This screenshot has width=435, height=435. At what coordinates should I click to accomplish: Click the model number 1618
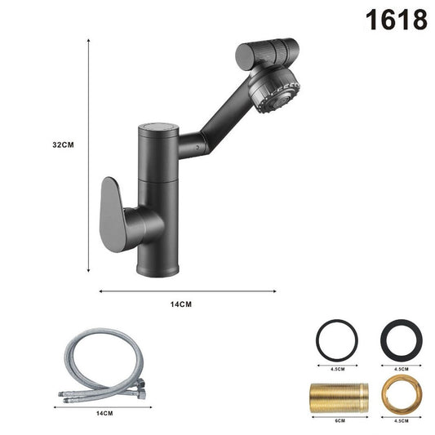pyautogui.click(x=397, y=19)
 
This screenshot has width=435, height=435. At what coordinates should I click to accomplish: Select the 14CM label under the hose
pyautogui.click(x=104, y=414)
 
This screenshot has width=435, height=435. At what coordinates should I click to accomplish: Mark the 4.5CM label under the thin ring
pyautogui.click(x=335, y=368)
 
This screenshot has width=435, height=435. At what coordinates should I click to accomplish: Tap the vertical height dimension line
pyautogui.click(x=87, y=155)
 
